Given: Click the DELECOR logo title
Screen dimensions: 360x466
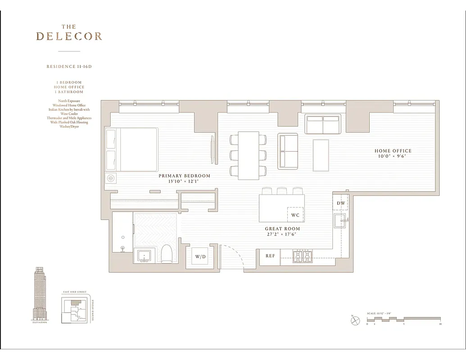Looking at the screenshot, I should (69, 36).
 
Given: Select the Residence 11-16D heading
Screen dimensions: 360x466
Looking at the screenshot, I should (69, 67).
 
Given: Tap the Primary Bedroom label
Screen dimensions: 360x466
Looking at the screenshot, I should (184, 179).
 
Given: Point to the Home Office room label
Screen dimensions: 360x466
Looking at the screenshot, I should (393, 153).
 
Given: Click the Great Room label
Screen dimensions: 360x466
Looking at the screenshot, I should (282, 231).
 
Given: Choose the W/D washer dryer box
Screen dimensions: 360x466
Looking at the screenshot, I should (200, 257).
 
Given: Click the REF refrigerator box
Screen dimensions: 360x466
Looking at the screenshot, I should (270, 256).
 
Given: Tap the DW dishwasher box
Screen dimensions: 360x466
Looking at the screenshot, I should (341, 203).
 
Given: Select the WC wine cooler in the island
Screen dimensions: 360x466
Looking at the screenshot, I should (295, 215).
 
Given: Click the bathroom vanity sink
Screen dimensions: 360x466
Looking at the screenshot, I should (145, 256).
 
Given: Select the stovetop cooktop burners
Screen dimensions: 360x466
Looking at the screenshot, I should (303, 256).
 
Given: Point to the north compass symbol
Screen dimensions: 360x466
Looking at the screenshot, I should (355, 320).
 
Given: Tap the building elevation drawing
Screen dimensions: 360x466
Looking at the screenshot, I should (40, 292).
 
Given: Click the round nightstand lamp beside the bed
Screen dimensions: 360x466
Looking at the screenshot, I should (110, 178).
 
